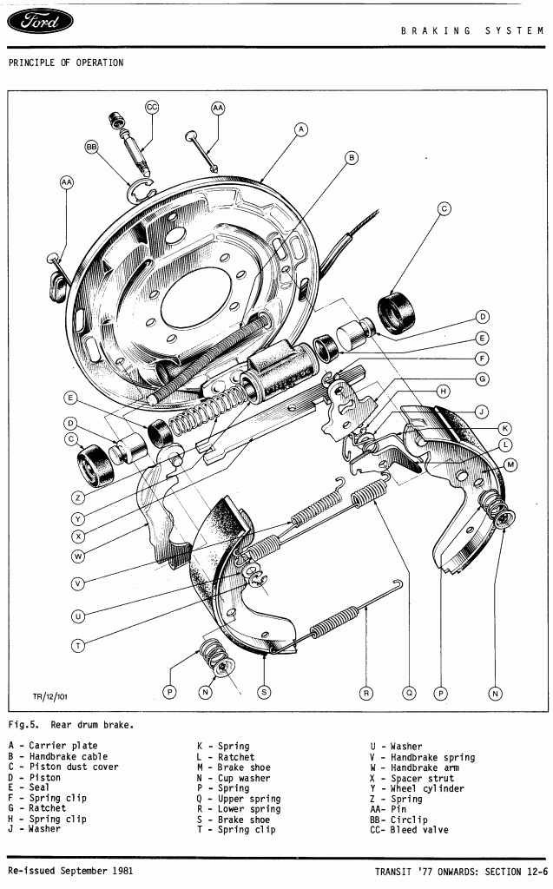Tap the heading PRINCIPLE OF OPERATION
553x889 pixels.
66,63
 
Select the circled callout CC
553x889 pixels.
152,107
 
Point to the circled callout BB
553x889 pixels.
92,148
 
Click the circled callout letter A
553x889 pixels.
300,129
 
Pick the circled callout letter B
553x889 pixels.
352,158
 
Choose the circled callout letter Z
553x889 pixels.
78,497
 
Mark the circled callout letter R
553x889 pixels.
367,693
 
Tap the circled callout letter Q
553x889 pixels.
409,693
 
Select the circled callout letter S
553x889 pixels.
263,692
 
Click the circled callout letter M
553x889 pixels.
511,465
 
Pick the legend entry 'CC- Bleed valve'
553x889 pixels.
409,830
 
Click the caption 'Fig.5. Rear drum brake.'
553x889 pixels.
71,723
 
